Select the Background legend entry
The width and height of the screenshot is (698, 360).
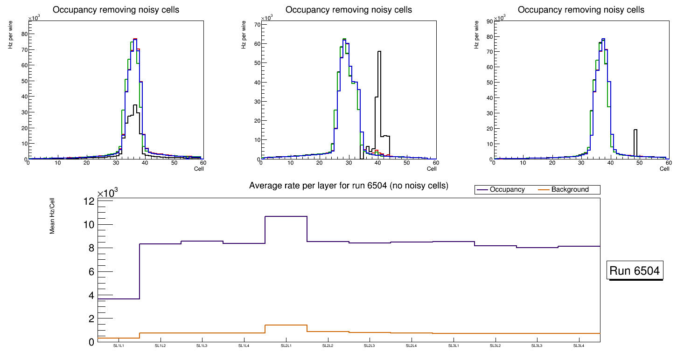570,190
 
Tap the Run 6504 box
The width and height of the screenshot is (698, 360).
635,271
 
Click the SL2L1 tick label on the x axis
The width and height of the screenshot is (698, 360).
286,346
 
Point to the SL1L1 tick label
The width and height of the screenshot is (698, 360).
119,346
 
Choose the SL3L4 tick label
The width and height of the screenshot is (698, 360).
579,346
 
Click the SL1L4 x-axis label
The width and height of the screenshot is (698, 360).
244,346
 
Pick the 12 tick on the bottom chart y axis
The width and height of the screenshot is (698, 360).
89,201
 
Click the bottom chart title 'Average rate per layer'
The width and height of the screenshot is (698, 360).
349,186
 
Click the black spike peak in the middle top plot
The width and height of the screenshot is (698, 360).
379,52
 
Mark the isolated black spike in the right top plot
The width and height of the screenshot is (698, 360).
635,130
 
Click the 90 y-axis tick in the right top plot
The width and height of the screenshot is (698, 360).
489,21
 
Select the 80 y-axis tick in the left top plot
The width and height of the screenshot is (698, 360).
24,34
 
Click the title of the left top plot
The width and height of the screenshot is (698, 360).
116,10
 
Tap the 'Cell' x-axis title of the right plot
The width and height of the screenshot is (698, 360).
664,168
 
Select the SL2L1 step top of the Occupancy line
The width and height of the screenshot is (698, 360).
286,216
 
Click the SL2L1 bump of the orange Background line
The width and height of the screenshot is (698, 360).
286,325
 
